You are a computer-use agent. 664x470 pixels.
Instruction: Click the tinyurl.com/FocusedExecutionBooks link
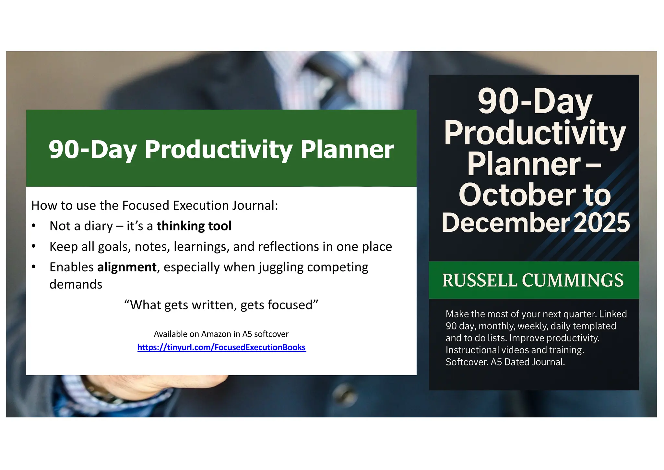[x=221, y=347]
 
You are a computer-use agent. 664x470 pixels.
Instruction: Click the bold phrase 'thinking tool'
[x=194, y=226]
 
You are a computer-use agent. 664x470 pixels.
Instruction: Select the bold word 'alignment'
[x=127, y=267]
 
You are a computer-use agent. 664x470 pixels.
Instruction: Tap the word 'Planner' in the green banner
[x=347, y=150]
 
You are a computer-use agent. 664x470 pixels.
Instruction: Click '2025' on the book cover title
[x=602, y=223]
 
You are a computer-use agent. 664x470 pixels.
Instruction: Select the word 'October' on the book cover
[x=517, y=195]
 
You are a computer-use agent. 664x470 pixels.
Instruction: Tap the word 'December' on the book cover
[x=505, y=223]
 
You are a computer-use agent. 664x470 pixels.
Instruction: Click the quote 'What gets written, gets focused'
[x=221, y=305]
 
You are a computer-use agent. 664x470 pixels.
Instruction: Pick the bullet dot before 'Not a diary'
[x=34, y=226]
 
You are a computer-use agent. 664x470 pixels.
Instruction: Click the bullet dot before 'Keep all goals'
[x=34, y=246]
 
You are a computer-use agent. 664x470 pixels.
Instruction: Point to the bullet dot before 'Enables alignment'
[x=34, y=267]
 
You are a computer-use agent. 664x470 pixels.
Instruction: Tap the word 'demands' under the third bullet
[x=76, y=284]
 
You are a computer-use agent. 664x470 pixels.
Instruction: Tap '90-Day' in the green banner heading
[x=92, y=150]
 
